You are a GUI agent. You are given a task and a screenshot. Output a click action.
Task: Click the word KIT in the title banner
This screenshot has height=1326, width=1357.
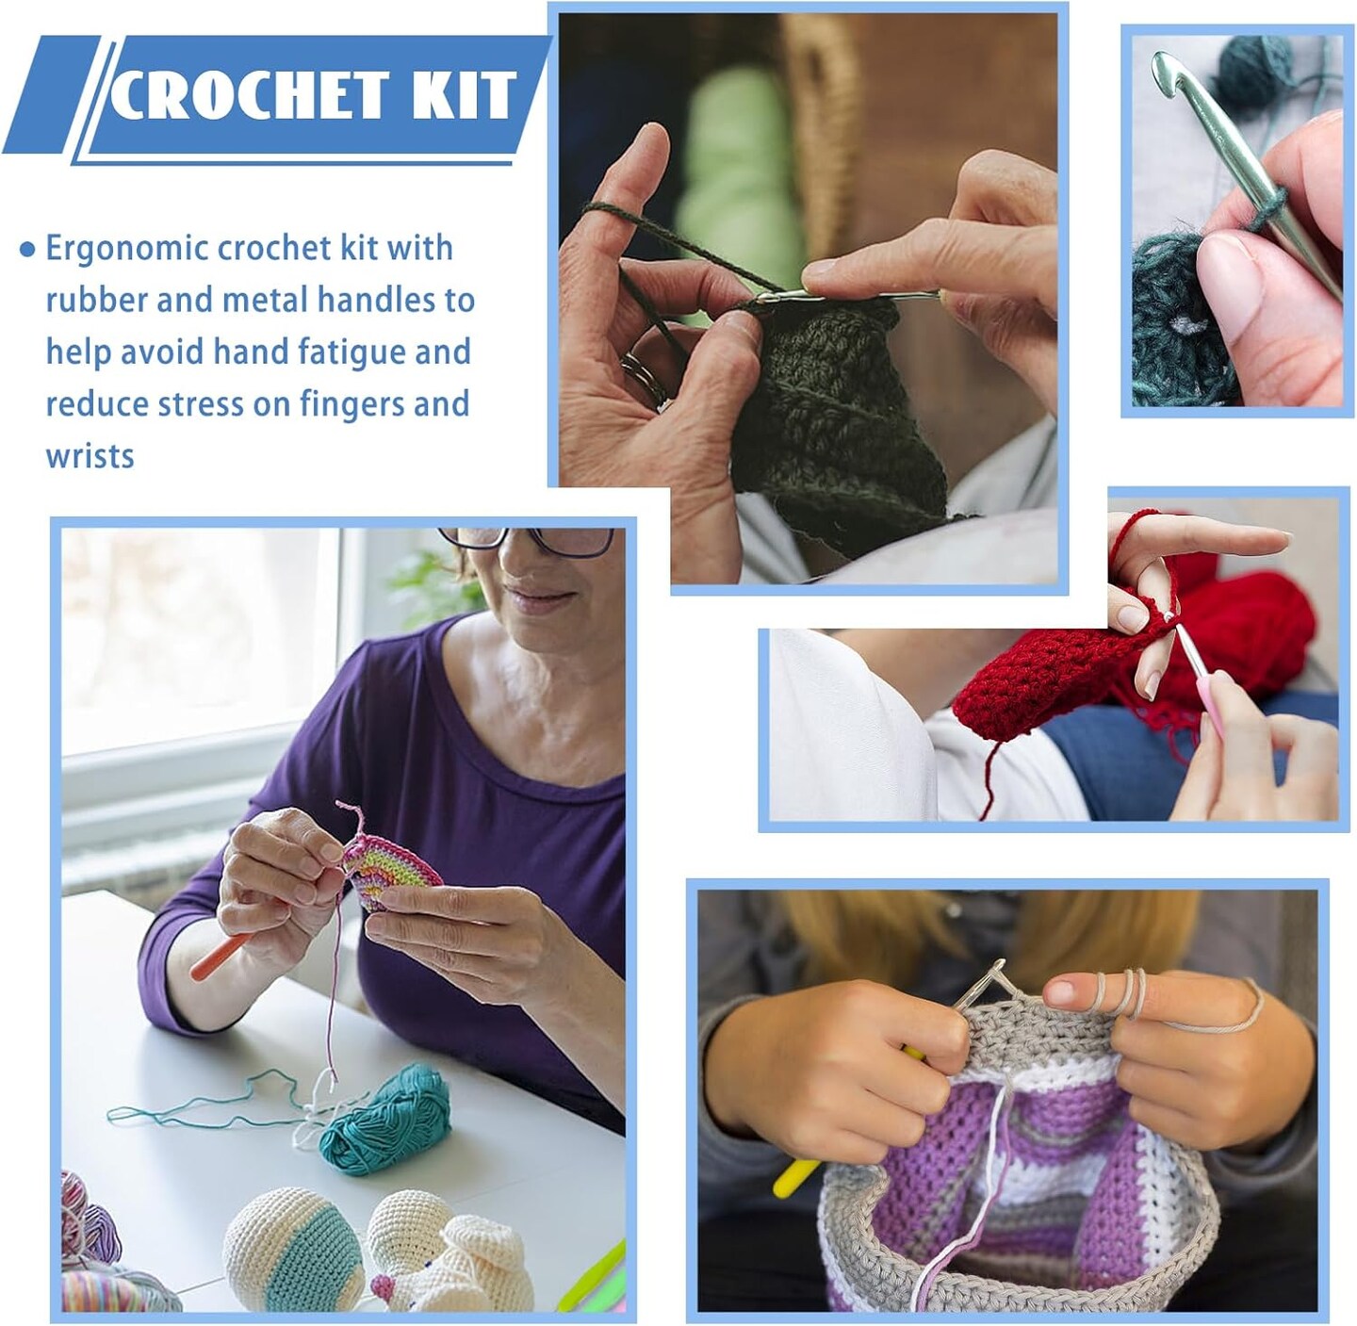(x=462, y=95)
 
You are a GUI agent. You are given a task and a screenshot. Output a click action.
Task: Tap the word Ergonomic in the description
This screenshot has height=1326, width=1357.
(x=127, y=248)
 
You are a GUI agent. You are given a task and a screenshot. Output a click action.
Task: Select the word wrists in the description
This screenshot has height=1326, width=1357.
(x=90, y=456)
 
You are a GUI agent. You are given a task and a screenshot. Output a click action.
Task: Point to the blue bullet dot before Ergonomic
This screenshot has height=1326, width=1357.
(x=28, y=250)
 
